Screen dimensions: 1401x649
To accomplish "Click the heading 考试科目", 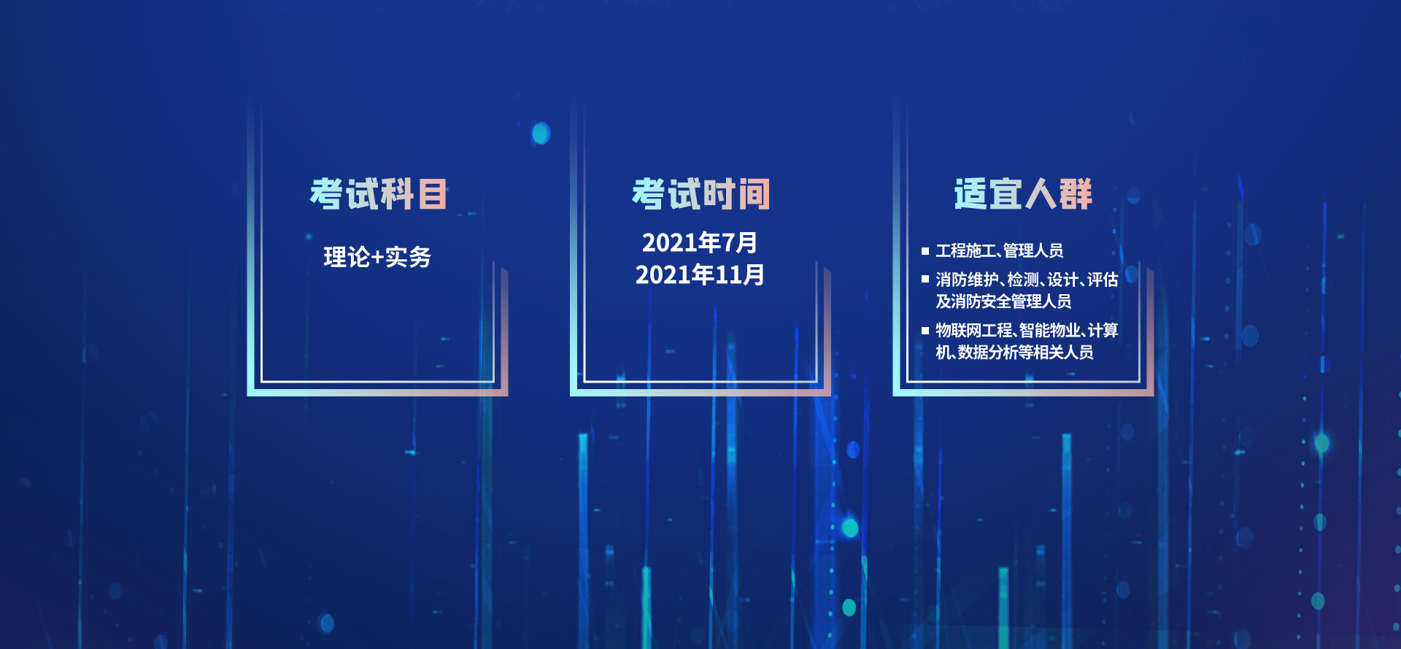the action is (378, 194).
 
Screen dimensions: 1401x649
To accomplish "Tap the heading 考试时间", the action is (700, 194).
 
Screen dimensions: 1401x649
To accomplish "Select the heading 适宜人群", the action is (1023, 194).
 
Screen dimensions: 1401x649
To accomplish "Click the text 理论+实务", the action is (377, 257).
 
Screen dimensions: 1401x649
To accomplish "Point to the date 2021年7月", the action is (699, 242).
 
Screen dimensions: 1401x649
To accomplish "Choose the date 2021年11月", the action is (700, 274).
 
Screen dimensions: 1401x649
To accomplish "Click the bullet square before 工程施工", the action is (925, 251).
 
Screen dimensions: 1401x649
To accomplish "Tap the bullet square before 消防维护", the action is (925, 279).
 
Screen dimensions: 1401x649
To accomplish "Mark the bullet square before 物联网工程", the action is (925, 330).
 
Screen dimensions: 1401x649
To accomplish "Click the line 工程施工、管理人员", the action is (999, 250).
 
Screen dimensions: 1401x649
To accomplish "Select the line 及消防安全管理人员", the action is (1003, 301).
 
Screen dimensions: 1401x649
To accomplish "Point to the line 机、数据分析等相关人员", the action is (1014, 352).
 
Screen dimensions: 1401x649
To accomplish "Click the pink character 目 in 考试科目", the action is (432, 194).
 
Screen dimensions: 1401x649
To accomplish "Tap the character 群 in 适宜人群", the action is (1076, 194).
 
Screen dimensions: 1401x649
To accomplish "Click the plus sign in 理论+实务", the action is (377, 258).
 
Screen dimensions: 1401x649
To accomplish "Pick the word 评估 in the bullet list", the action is (1102, 280).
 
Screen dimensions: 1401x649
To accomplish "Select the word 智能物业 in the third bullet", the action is (1050, 330).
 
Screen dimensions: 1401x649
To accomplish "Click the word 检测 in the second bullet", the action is (1023, 280).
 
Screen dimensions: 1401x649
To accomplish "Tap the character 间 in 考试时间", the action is (754, 194).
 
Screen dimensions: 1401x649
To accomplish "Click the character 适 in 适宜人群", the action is (970, 194).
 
